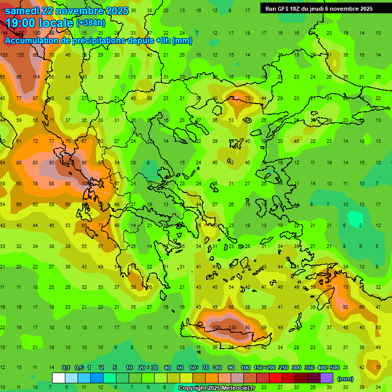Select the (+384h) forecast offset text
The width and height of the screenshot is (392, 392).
point(91,23)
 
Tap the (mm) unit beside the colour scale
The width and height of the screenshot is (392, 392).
point(346,379)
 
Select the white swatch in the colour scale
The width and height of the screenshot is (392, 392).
point(58,378)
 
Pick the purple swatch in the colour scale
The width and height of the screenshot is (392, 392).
point(327,378)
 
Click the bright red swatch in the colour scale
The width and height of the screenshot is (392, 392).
point(276,378)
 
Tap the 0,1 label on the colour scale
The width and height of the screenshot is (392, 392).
point(66,367)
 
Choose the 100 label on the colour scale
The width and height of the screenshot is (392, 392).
point(246,367)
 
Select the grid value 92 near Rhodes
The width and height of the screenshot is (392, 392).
point(346,307)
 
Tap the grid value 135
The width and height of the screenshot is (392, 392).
point(20,55)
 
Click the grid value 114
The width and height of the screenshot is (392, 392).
point(36,77)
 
